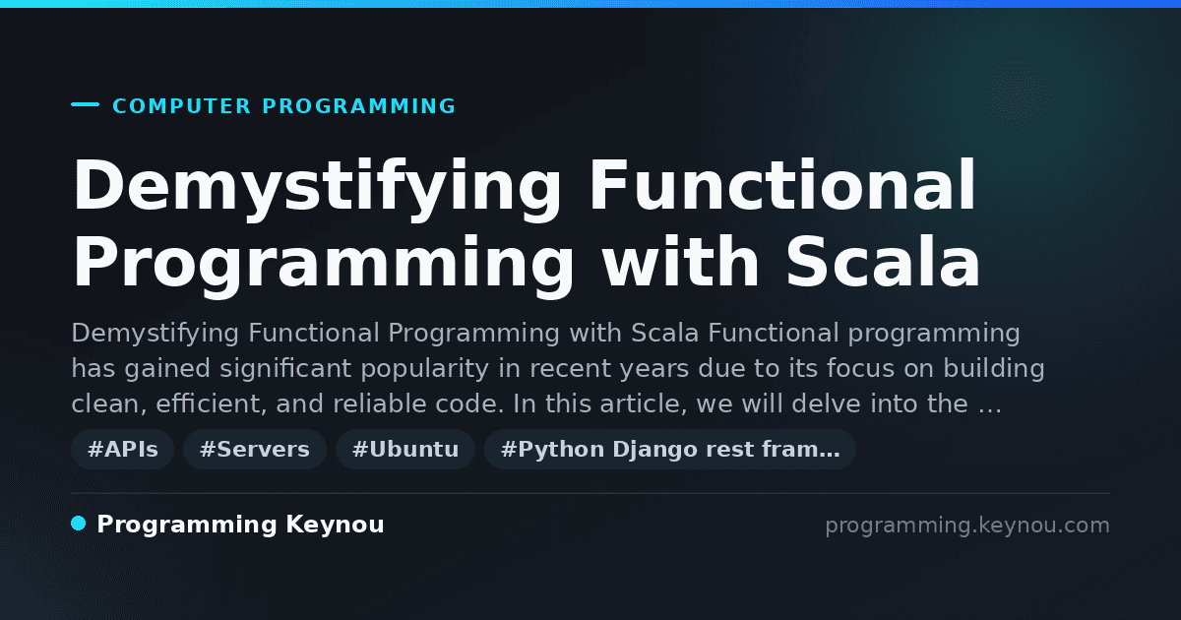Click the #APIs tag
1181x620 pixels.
coord(122,449)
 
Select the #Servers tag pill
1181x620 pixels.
coord(255,449)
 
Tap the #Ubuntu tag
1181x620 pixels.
coord(405,449)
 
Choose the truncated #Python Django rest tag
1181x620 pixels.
coord(670,449)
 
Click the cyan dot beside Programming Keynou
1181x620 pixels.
coord(79,524)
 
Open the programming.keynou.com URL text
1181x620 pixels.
coord(967,526)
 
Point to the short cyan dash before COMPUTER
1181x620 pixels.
coord(85,104)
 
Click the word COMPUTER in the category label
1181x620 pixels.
coord(182,106)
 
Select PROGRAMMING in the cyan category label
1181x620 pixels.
coord(358,106)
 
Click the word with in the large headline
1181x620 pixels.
coord(681,261)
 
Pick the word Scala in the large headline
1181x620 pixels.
coord(883,261)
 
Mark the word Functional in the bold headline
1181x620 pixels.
coord(782,185)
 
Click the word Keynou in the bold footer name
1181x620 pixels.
coord(335,524)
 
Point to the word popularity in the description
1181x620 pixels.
coord(425,369)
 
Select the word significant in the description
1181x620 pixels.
coord(285,369)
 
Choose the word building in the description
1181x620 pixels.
coord(994,368)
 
